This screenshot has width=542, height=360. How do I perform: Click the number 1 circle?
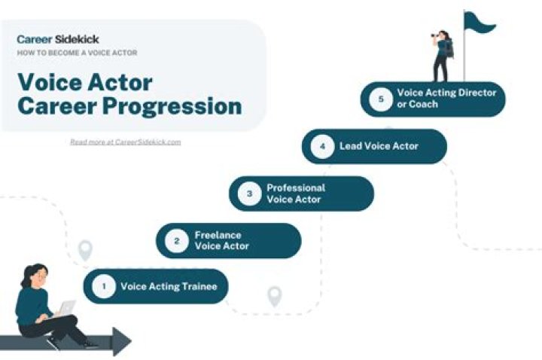(104, 286)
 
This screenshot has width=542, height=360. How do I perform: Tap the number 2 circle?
(177, 241)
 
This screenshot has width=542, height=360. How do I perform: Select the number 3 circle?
(250, 194)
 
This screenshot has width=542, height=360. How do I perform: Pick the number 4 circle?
(322, 146)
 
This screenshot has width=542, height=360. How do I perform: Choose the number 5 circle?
(381, 99)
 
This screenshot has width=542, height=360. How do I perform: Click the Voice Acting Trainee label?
(169, 286)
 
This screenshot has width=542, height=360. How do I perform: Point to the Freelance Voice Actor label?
(222, 241)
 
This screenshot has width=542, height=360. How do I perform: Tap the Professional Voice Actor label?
(296, 194)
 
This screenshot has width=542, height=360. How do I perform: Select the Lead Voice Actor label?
(379, 146)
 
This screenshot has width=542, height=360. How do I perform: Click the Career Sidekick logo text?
(58, 38)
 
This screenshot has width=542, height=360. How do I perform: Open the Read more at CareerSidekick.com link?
(125, 142)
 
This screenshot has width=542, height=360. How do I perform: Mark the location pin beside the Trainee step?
(85, 249)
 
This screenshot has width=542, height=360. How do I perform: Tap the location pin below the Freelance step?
(274, 295)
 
